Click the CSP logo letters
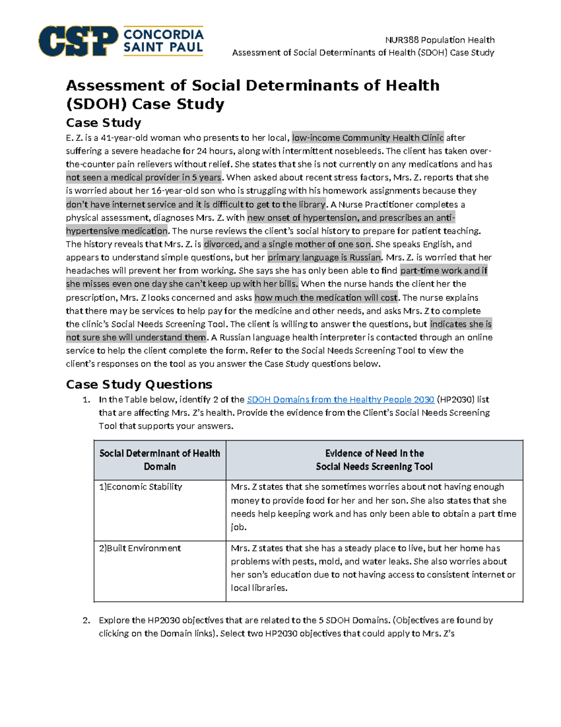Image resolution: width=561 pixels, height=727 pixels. coord(78,41)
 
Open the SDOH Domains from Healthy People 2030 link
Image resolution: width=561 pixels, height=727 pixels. coord(340,399)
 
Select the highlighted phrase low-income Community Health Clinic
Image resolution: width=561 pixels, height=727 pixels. coord(367,138)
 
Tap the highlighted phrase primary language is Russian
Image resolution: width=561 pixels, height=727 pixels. coord(324,257)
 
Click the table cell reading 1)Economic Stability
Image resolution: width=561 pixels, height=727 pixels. coord(140,487)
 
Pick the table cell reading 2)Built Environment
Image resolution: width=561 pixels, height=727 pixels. coord(140,548)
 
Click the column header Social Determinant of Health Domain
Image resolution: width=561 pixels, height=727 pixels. coord(160,460)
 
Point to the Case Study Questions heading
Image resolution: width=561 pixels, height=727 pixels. coord(139,384)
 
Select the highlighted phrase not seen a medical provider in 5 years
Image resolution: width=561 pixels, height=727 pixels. coord(144,177)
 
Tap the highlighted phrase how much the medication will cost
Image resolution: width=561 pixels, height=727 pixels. coord(326,298)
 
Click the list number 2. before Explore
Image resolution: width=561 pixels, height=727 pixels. coord(86,620)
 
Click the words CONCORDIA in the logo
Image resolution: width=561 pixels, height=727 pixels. coord(163,35)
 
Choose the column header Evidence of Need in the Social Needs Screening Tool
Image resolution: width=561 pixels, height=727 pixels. coord(374,460)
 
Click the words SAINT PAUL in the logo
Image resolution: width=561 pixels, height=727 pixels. coord(163,47)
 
